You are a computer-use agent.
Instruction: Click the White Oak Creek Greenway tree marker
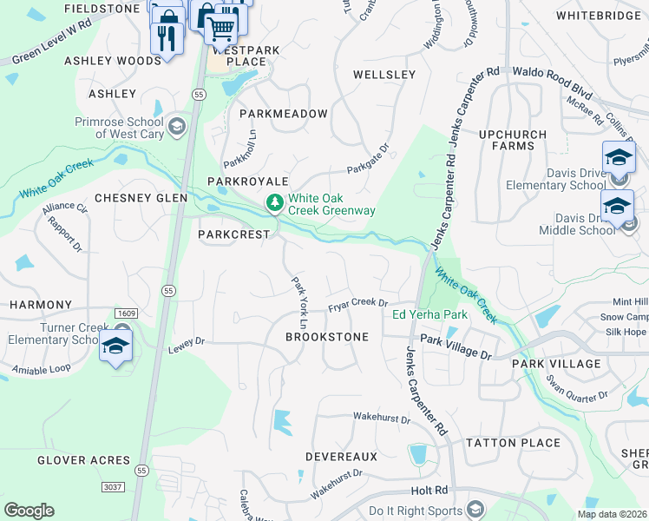(x=275, y=203)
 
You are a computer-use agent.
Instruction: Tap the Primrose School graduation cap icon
(x=177, y=127)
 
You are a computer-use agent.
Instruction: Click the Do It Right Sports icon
(x=475, y=510)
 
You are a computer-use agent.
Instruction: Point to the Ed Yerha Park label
(x=430, y=315)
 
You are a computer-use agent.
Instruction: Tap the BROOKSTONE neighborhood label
(x=327, y=336)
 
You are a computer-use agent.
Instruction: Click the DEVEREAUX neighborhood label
(x=341, y=456)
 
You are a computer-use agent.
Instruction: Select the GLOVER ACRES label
(x=83, y=460)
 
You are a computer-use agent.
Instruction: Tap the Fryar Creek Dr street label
(x=357, y=305)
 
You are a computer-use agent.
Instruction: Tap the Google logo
(x=29, y=511)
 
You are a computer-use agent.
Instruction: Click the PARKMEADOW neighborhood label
(x=284, y=114)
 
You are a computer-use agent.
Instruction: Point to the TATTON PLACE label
(x=513, y=443)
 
